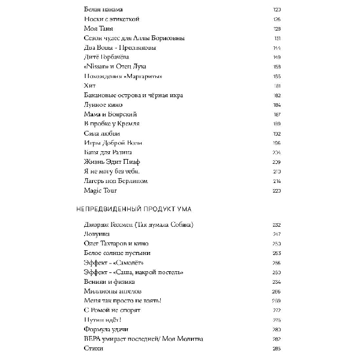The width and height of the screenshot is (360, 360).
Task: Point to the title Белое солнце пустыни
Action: pos(115,253)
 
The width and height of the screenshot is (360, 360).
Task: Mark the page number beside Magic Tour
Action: pos(277,191)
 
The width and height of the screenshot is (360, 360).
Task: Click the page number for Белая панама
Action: pos(277,9)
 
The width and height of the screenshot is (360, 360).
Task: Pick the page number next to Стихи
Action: pos(277,349)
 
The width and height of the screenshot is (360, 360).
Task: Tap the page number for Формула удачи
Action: pos(277,329)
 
